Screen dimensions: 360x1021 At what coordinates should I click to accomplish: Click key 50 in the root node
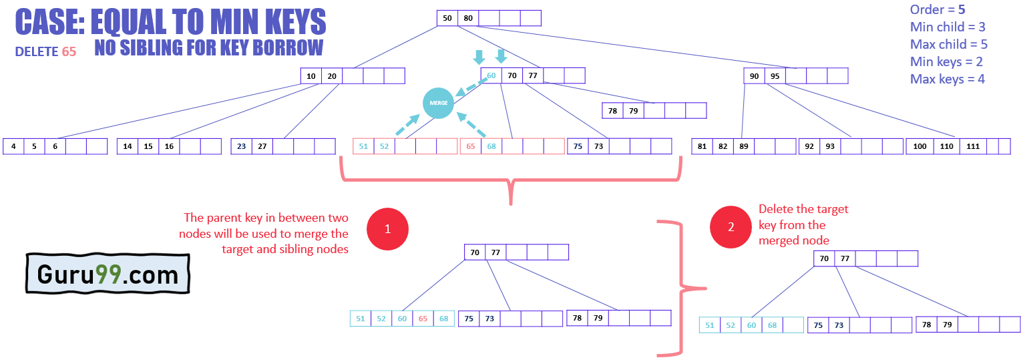(x=447, y=18)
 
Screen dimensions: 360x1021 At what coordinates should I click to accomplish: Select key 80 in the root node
(x=468, y=18)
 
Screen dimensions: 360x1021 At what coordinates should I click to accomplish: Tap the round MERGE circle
(x=438, y=103)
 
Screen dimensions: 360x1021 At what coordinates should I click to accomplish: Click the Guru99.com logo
(x=108, y=275)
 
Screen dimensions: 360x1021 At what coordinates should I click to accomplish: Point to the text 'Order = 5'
(x=938, y=9)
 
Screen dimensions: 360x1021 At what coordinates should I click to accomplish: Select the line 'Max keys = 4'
(x=947, y=79)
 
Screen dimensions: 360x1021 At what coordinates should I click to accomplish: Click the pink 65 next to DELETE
(x=69, y=51)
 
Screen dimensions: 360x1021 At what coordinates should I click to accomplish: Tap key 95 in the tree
(x=775, y=76)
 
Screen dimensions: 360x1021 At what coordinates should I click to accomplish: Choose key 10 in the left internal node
(x=311, y=76)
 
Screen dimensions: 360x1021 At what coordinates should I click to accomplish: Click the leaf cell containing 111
(x=973, y=146)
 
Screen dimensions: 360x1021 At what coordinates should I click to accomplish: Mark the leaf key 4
(x=13, y=146)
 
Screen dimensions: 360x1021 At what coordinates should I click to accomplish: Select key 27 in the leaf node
(x=262, y=146)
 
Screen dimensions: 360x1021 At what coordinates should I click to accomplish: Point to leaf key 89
(x=743, y=146)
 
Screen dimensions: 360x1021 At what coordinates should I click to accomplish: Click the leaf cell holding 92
(x=809, y=146)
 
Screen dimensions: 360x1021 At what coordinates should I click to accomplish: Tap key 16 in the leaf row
(x=169, y=146)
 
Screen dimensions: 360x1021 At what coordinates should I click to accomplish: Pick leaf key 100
(x=920, y=146)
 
